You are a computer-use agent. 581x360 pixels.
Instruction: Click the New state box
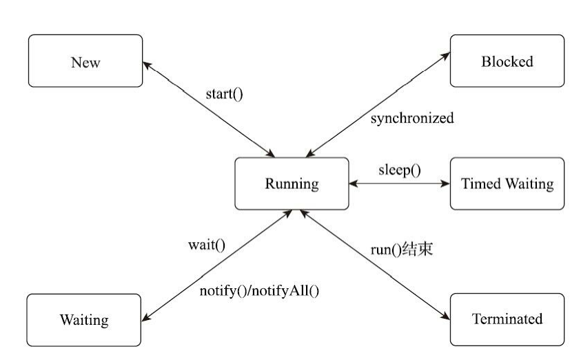(x=85, y=62)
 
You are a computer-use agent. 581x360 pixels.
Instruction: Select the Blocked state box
(x=507, y=61)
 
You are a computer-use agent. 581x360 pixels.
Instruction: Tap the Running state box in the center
(x=292, y=183)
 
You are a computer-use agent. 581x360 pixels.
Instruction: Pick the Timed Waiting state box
(x=507, y=183)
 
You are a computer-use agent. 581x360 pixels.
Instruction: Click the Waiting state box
(x=84, y=320)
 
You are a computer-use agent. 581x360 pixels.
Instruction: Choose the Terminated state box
(x=507, y=319)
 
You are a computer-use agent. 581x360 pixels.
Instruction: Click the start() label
(x=224, y=94)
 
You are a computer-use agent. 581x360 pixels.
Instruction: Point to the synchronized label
(x=412, y=118)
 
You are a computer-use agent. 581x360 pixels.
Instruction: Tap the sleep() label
(x=399, y=170)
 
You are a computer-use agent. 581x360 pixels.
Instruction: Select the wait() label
(x=207, y=244)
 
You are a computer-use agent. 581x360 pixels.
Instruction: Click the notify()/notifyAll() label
(x=260, y=290)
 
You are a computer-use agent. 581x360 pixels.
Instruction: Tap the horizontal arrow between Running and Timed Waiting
(x=400, y=184)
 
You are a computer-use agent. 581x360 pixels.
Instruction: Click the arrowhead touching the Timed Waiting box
(x=446, y=184)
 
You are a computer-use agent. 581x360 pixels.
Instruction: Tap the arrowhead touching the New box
(x=147, y=64)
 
